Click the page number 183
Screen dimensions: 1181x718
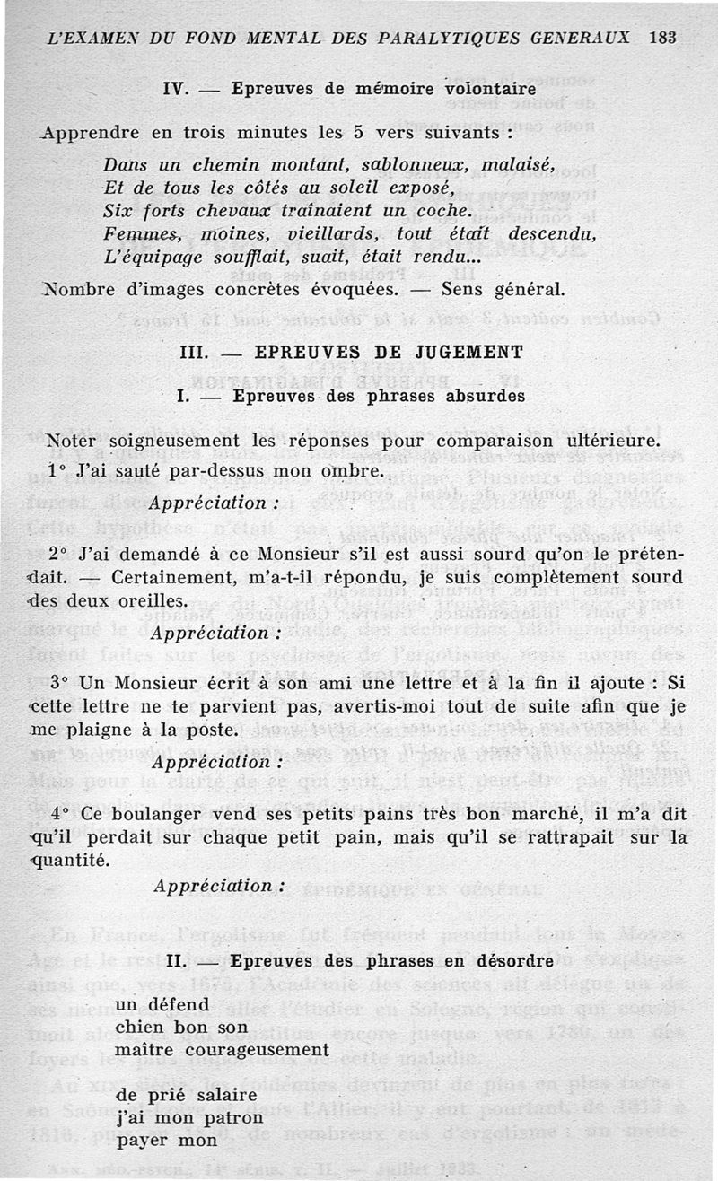pos(661,39)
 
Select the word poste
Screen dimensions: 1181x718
pos(214,730)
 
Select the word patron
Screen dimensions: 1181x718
pos(233,1118)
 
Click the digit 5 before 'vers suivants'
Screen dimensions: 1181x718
pos(358,132)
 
